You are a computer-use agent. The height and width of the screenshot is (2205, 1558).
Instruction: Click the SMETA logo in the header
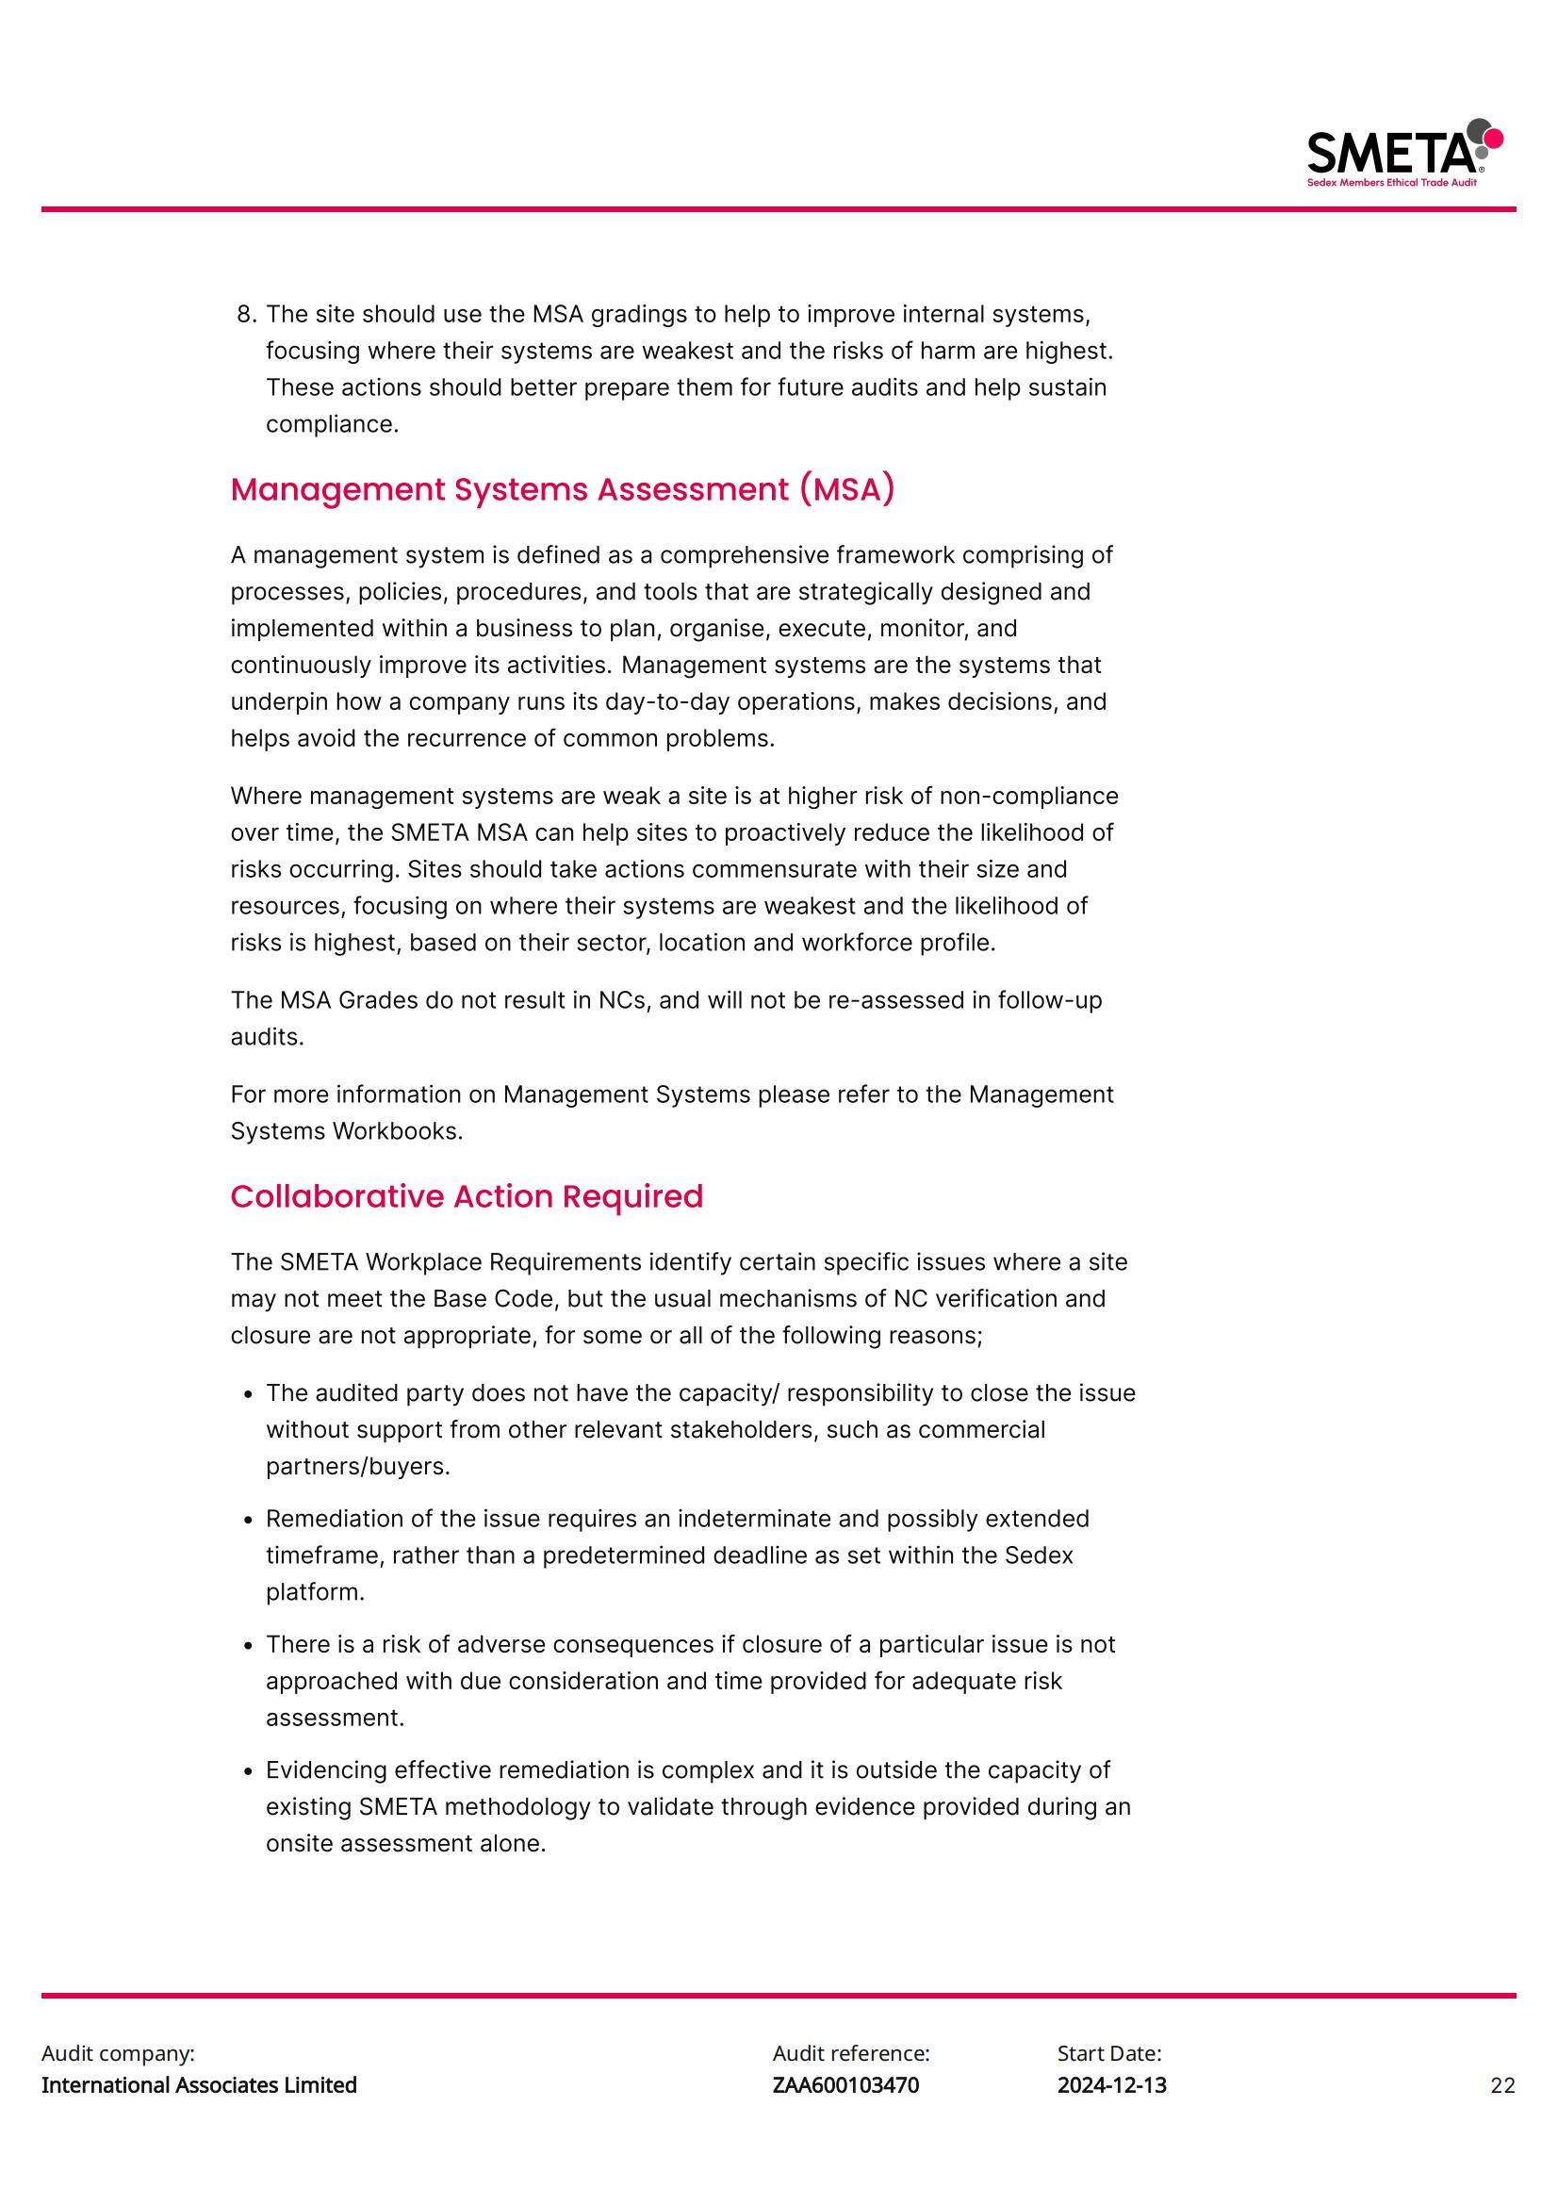1403,154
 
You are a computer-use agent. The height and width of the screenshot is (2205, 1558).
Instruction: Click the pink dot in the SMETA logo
1493,140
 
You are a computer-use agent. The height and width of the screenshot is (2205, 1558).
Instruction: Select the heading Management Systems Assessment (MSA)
562,490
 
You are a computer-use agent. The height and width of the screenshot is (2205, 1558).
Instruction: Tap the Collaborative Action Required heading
467,1196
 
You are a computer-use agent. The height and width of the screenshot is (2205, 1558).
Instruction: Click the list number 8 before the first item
246,315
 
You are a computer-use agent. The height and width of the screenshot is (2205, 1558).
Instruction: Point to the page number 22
1502,2085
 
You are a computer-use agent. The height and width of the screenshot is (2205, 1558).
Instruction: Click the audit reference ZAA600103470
845,2085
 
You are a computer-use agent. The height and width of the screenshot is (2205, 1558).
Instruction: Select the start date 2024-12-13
1111,2085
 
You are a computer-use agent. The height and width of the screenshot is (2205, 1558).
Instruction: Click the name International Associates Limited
199,2085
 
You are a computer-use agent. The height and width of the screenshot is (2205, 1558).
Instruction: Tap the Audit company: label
117,2053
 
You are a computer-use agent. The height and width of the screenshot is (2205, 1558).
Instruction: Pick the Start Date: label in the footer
1108,2053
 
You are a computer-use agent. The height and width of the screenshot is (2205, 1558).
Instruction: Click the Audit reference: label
850,2053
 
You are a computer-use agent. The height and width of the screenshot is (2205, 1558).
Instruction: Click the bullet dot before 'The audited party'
249,1394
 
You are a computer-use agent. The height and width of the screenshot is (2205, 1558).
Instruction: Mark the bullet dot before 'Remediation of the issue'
249,1521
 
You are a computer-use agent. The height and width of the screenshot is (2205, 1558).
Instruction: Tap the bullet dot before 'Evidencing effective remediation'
249,1772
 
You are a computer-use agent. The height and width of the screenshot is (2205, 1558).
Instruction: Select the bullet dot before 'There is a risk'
249,1646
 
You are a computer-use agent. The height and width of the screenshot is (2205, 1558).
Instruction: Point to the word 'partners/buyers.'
357,1467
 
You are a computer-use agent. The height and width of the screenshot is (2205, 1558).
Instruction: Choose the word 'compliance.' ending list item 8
331,424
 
